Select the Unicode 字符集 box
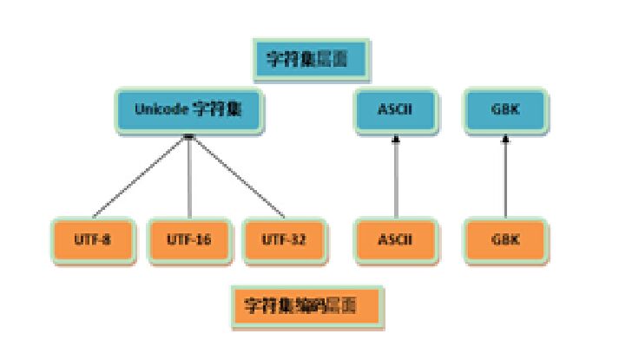point(188,109)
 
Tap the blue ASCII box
point(395,109)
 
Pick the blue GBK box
point(505,109)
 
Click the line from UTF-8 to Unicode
point(139,179)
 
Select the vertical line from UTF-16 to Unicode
point(189,178)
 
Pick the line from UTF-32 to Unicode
point(237,178)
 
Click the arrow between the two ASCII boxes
point(396,178)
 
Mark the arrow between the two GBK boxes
point(505,178)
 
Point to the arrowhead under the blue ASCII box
point(396,139)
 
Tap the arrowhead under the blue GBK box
point(505,139)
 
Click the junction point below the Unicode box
point(188,137)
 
